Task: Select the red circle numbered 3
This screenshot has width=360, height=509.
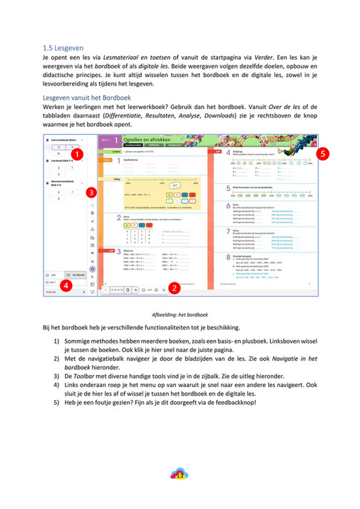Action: tap(90, 192)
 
